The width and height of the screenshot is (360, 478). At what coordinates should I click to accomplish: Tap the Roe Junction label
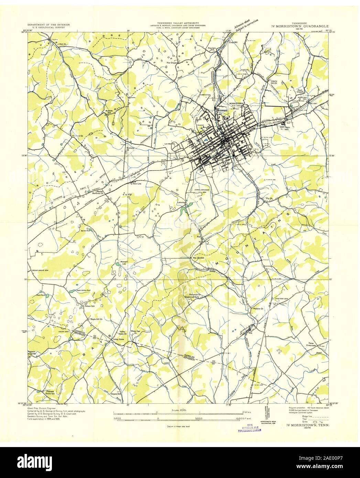pos(195,258)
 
